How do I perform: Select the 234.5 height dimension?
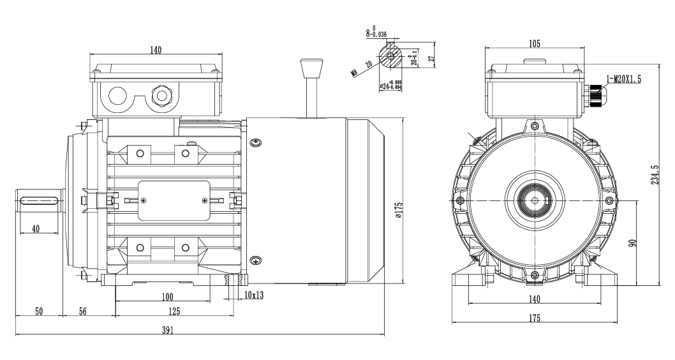coord(653,176)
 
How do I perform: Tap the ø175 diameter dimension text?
coord(398,210)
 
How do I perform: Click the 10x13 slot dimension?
coord(255,296)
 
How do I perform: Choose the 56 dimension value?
coord(82,311)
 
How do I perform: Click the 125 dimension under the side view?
coord(173,311)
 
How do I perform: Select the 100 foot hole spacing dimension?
coord(167,297)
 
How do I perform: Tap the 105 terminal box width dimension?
coord(535,43)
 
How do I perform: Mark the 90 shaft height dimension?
coord(632,243)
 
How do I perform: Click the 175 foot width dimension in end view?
coord(535,318)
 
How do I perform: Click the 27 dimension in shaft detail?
coord(431,59)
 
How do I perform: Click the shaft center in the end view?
coord(535,200)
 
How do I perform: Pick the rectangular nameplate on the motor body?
coord(174,201)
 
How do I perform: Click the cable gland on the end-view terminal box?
coord(595,96)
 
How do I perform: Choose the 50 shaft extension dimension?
coord(38,311)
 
